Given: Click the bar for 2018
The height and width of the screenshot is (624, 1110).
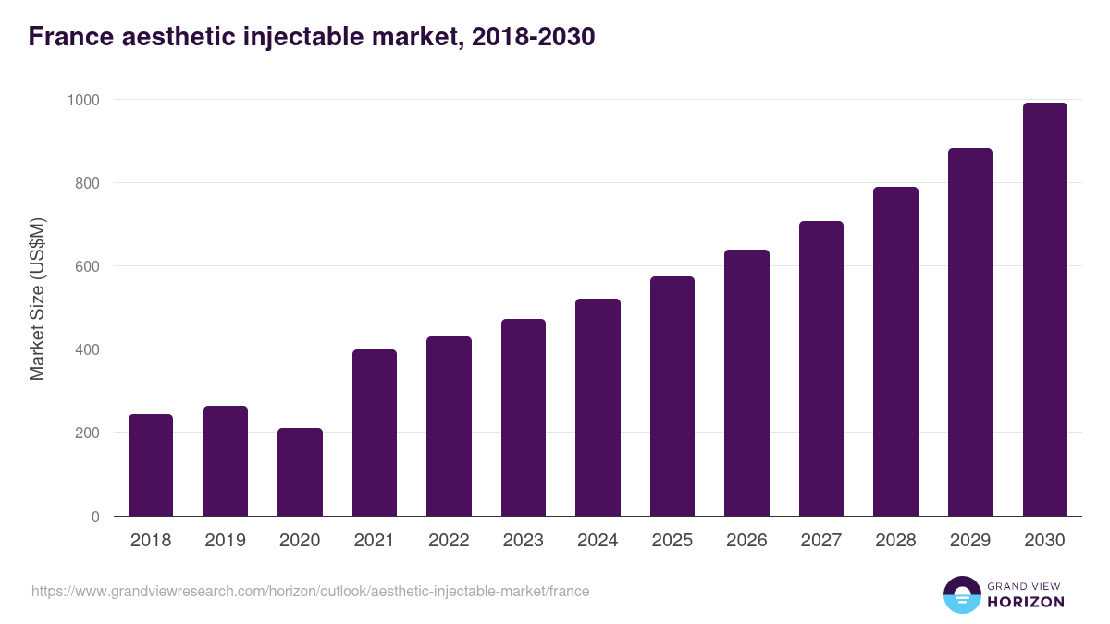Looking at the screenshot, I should tap(151, 465).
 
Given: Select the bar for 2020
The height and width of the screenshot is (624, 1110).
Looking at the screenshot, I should tap(300, 471).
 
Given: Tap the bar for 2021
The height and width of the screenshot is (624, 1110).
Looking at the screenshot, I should tap(375, 433).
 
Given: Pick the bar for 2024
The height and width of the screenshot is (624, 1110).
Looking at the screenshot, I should tap(598, 407).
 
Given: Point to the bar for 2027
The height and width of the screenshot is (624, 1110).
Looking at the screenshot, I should tap(821, 368).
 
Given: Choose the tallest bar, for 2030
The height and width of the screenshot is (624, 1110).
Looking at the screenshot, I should tap(1044, 309).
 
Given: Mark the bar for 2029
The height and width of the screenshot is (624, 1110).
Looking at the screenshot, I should tap(970, 332).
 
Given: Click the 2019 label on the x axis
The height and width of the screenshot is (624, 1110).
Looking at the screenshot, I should tap(226, 541).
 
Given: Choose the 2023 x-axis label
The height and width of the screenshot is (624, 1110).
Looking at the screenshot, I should tap(524, 541).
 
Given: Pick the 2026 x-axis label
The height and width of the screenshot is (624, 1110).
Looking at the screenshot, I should tap(746, 541).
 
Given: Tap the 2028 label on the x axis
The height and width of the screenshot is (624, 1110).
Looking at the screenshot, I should tap(895, 541).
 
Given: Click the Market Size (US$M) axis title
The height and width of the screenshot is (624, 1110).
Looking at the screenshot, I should tap(37, 298).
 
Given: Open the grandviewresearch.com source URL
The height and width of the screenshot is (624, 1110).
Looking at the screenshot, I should tap(310, 591).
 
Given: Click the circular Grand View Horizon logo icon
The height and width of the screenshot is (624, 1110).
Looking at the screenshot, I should tap(961, 594).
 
